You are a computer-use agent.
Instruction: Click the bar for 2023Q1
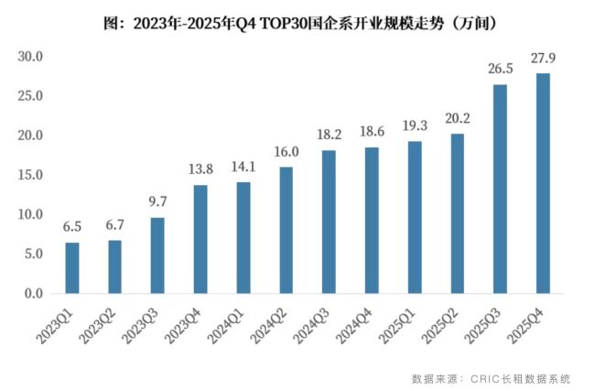72,267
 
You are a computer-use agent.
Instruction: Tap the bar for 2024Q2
286,230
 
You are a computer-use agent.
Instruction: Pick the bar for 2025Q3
500,189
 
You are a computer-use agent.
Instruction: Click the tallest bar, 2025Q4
543,183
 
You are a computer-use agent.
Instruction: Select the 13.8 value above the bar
200,169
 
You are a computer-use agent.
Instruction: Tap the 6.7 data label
115,225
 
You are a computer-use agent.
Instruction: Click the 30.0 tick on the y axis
32,57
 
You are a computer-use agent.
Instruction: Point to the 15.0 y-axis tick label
32,175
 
